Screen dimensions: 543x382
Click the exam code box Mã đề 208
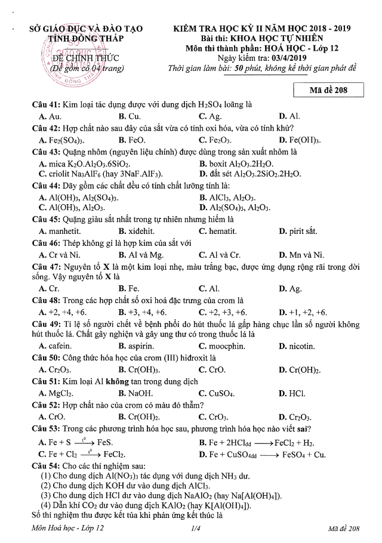[329, 91]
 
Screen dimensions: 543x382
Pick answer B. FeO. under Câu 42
[132, 140]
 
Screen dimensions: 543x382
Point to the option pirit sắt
[303, 231]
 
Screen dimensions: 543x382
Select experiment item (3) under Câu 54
[152, 495]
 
